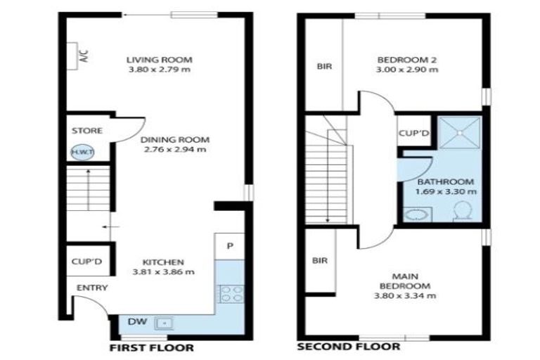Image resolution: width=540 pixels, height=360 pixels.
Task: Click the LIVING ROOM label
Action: click(159, 60)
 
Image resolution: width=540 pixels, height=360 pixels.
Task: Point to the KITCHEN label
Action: click(163, 262)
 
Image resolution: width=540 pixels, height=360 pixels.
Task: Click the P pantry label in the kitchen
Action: click(230, 245)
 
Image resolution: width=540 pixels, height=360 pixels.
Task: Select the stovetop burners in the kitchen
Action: click(231, 293)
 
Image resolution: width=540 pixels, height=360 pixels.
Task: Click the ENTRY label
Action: click(91, 288)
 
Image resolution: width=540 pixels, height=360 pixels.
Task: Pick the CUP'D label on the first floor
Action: click(87, 262)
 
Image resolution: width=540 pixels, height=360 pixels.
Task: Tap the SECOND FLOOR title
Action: click(349, 347)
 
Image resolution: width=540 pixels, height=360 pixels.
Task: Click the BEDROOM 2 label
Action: click(407, 60)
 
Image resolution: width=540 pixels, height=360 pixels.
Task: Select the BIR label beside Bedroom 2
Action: click(324, 67)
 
